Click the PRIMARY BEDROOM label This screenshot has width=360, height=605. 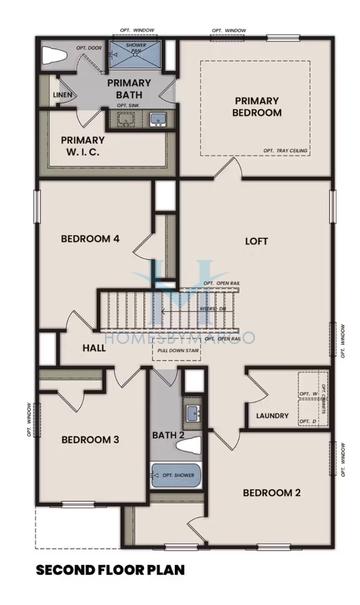[x=264, y=106]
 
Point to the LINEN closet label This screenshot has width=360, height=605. [x=63, y=96]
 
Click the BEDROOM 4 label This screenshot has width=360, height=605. [x=90, y=238]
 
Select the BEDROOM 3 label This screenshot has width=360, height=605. [x=90, y=439]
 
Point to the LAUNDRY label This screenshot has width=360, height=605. [x=272, y=416]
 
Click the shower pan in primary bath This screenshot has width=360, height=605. [x=138, y=54]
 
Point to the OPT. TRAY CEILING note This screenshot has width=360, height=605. [x=289, y=150]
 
